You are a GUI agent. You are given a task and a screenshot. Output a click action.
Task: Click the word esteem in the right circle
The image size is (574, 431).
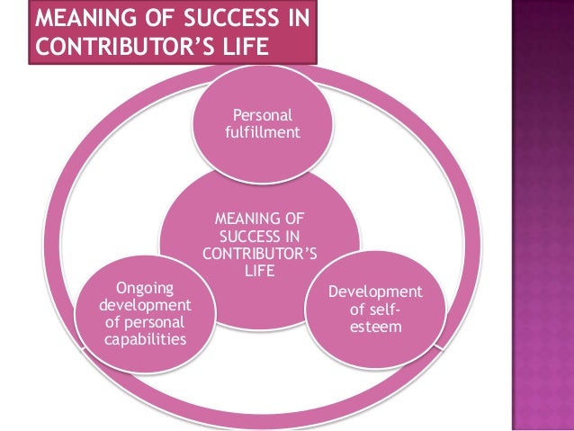pyautogui.click(x=375, y=326)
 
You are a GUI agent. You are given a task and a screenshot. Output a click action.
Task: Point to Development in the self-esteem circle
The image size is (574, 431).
pyautogui.click(x=375, y=292)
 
